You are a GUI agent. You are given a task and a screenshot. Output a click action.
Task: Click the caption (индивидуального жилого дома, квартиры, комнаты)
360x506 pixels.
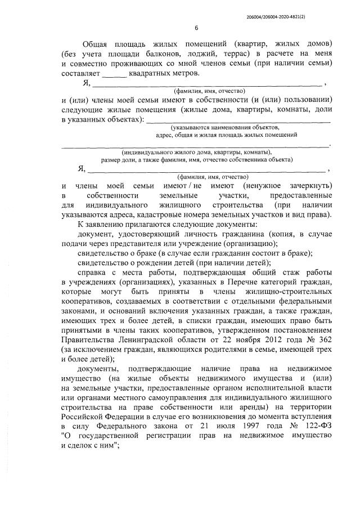[x=196, y=152]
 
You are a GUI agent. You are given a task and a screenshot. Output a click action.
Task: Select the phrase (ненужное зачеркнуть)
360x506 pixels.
[x=279, y=186]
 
